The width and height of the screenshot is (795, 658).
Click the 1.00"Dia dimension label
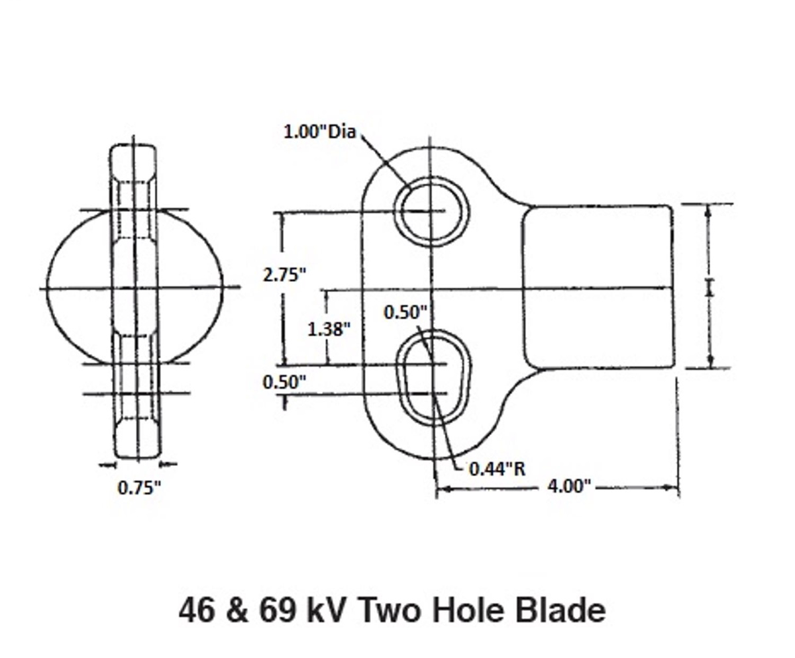coord(320,132)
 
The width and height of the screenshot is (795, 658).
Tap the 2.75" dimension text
coord(284,275)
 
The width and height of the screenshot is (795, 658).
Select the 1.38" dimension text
coord(329,329)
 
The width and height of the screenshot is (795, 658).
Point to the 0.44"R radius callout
coord(498,469)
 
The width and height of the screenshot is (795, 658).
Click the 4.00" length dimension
coord(570,486)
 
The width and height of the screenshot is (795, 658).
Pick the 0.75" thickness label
coord(139,488)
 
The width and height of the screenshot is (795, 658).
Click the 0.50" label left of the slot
coord(284,382)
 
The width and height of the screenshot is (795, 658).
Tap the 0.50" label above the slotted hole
coord(406,312)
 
